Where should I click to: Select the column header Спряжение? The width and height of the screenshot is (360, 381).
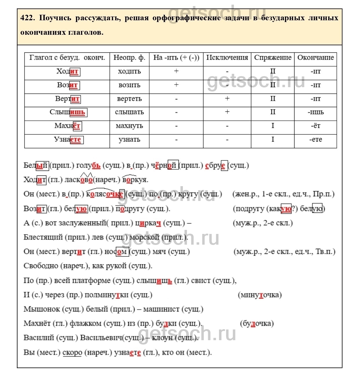click(x=272, y=58)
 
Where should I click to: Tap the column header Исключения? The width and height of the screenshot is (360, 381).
click(x=227, y=58)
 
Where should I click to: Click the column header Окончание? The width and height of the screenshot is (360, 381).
click(x=315, y=58)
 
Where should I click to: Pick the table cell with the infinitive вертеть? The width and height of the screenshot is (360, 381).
click(x=129, y=99)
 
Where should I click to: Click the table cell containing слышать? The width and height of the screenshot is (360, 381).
click(x=129, y=112)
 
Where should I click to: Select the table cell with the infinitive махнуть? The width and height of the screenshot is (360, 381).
click(x=129, y=126)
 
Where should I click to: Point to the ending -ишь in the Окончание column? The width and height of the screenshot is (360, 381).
click(x=315, y=112)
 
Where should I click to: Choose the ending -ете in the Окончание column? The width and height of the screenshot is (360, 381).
click(x=315, y=140)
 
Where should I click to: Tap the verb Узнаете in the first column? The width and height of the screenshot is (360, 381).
click(x=68, y=140)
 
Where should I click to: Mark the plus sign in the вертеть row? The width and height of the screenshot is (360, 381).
click(x=227, y=99)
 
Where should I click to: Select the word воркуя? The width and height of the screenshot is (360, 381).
click(x=135, y=180)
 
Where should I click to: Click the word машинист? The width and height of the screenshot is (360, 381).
click(x=161, y=309)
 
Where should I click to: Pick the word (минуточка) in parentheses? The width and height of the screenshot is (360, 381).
click(x=260, y=295)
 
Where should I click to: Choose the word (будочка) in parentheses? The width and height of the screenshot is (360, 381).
click(x=257, y=323)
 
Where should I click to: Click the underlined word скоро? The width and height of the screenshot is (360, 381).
click(x=72, y=353)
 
